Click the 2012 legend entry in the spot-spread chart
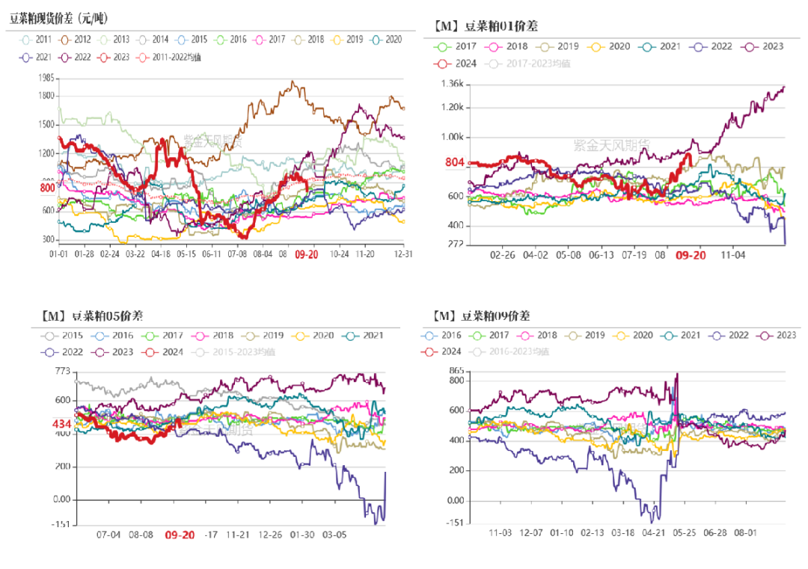[x=76, y=40]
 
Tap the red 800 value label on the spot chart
[x=47, y=188]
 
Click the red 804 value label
[x=455, y=162]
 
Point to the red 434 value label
[x=61, y=424]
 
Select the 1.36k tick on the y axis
[x=453, y=84]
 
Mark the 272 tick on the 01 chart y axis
[x=456, y=244]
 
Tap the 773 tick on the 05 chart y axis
[x=61, y=372]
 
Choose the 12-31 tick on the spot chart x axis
[x=394, y=254]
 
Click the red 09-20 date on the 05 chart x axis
[x=180, y=535]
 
